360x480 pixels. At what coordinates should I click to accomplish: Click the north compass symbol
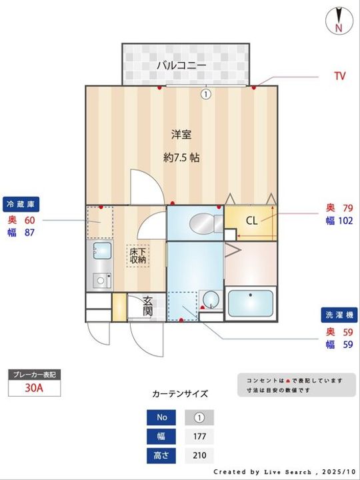pyautogui.click(x=339, y=21)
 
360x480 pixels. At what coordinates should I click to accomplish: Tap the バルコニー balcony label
pyautogui.click(x=181, y=65)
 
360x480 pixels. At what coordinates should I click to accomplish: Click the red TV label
pyautogui.click(x=339, y=76)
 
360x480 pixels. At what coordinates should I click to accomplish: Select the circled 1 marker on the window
pyautogui.click(x=206, y=94)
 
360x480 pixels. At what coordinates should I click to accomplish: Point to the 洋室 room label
pyautogui.click(x=181, y=135)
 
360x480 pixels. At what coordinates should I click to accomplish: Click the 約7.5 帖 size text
pyautogui.click(x=181, y=158)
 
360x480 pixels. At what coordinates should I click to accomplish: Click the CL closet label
pyautogui.click(x=251, y=221)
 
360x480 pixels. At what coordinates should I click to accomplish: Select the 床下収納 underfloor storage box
pyautogui.click(x=139, y=256)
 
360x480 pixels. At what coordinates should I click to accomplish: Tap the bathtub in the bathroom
pyautogui.click(x=251, y=303)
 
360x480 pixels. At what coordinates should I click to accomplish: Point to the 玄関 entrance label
pyautogui.click(x=148, y=307)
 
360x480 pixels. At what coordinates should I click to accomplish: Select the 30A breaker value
pyautogui.click(x=34, y=389)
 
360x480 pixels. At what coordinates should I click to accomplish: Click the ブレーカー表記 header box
pyautogui.click(x=34, y=375)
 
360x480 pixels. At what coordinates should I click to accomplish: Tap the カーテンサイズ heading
pyautogui.click(x=180, y=394)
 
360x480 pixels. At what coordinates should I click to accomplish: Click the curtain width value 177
pyautogui.click(x=199, y=437)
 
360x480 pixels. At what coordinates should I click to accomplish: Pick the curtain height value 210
pyautogui.click(x=199, y=456)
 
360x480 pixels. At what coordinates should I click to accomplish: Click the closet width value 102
pyautogui.click(x=344, y=221)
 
